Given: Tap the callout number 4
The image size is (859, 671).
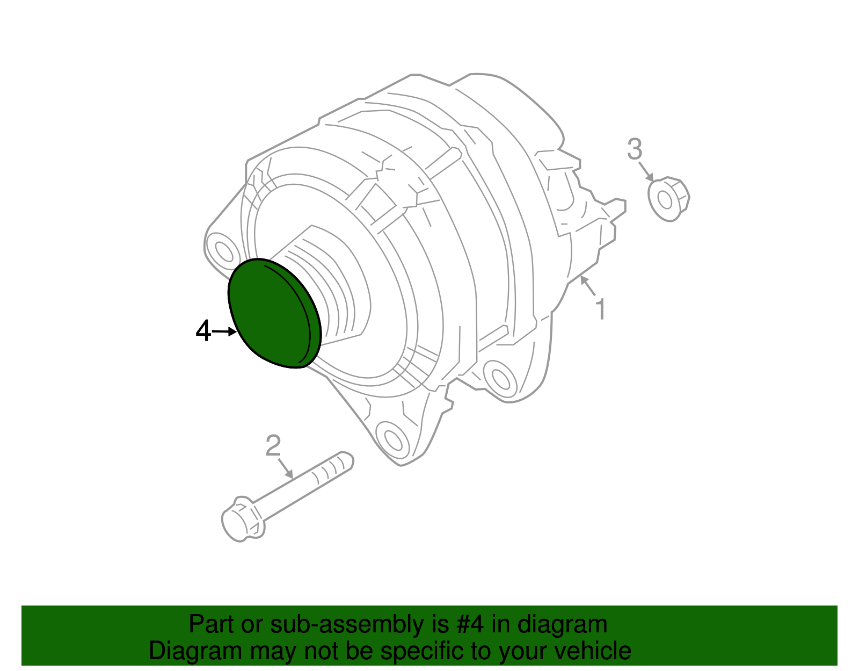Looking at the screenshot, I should (203, 331).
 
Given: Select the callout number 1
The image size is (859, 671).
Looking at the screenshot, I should (600, 309).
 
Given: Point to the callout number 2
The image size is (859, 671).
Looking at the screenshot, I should (273, 445).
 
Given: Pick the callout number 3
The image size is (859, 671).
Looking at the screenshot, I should (635, 149).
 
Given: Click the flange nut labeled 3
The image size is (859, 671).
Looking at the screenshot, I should (668, 199).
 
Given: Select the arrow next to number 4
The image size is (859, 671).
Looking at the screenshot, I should (225, 332).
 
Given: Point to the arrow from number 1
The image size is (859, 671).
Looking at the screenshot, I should (588, 286).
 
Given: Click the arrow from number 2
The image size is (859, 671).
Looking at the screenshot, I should (285, 467).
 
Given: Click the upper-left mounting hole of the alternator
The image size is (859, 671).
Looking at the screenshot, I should (222, 251).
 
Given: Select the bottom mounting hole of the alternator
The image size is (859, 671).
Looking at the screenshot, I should (392, 439).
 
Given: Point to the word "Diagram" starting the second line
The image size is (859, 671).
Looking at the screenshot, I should (195, 651).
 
